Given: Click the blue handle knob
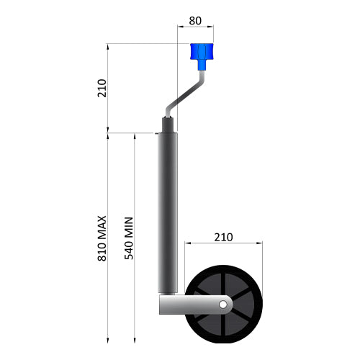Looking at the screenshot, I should (201, 52).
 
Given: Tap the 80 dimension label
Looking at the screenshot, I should (195, 20).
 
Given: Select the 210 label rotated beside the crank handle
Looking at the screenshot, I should (102, 88).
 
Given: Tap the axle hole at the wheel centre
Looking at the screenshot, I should (223, 305).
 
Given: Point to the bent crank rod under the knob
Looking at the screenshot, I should (186, 91).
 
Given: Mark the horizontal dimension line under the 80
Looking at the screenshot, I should (195, 28).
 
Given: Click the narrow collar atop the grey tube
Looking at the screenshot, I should (168, 122).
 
